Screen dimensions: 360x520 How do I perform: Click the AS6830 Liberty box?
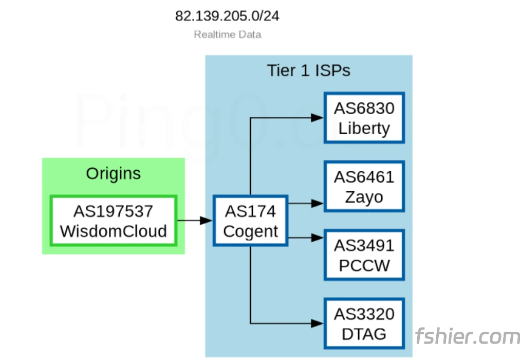pyautogui.click(x=364, y=118)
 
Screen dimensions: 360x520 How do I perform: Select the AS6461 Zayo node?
pyautogui.click(x=364, y=186)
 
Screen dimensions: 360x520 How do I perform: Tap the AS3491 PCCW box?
pyautogui.click(x=364, y=255)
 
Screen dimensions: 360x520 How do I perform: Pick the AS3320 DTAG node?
pyautogui.click(x=364, y=323)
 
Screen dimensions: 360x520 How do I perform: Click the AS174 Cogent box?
pyautogui.click(x=251, y=221)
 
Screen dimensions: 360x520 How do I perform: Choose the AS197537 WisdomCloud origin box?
pyautogui.click(x=113, y=221)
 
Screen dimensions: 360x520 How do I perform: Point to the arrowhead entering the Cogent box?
pyautogui.click(x=207, y=221)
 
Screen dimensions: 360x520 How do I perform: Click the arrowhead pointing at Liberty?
pyautogui.click(x=317, y=118)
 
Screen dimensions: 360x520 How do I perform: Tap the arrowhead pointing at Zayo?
pyautogui.click(x=317, y=203)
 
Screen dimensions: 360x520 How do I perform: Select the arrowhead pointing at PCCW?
pyautogui.click(x=317, y=238)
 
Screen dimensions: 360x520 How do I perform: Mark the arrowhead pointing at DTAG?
pyautogui.click(x=317, y=323)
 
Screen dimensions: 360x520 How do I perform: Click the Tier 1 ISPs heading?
pyautogui.click(x=308, y=70)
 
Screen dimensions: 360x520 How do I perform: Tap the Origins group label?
pyautogui.click(x=113, y=173)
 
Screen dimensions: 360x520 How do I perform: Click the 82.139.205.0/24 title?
pyautogui.click(x=227, y=16)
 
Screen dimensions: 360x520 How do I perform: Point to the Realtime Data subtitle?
pyautogui.click(x=227, y=34)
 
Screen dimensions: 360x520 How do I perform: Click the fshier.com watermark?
pyautogui.click(x=468, y=337)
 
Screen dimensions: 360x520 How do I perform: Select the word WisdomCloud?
pyautogui.click(x=113, y=231)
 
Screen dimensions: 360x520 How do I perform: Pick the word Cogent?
pyautogui.click(x=251, y=231)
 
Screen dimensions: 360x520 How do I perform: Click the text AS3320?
pyautogui.click(x=364, y=314)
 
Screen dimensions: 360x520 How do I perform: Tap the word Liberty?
pyautogui.click(x=364, y=128)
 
